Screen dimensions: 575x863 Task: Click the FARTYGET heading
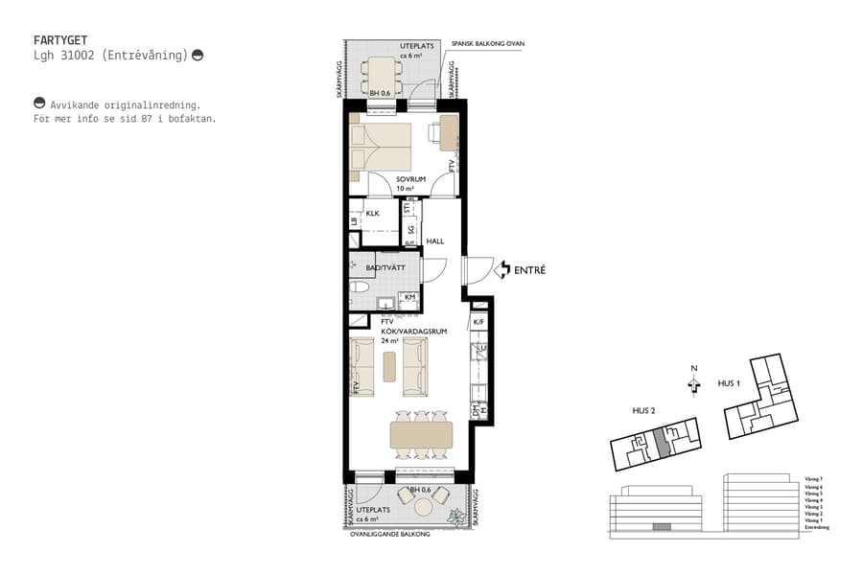[x=61, y=41]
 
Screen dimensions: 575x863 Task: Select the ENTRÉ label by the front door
[x=529, y=271]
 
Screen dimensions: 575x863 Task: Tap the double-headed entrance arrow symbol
[x=501, y=271]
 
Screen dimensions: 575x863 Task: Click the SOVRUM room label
[x=410, y=179]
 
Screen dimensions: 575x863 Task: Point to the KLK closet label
[x=373, y=215]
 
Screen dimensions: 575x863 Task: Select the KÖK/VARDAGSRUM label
[x=414, y=331]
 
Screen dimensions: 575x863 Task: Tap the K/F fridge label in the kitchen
[x=478, y=322]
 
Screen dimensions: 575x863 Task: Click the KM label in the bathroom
[x=409, y=298]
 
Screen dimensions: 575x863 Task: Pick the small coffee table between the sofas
[x=389, y=365]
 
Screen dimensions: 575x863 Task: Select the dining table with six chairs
[x=421, y=435]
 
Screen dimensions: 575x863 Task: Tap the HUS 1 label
[x=731, y=383]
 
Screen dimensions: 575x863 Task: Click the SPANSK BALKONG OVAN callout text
[x=488, y=44]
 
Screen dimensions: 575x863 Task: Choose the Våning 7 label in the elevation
[x=812, y=477]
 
